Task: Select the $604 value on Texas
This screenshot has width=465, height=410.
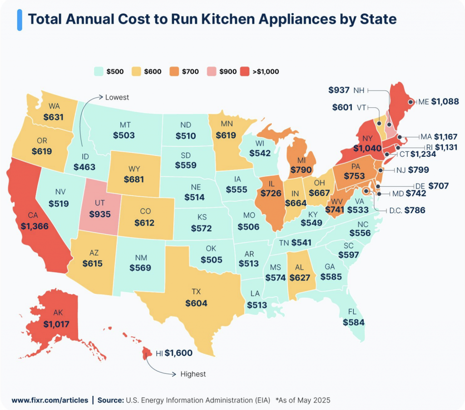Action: click(x=196, y=303)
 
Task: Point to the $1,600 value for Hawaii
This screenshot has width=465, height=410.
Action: click(x=178, y=353)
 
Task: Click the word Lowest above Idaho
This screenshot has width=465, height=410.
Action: click(x=117, y=97)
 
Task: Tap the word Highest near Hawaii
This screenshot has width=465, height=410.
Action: click(x=193, y=374)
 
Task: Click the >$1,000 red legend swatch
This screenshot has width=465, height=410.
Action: click(x=245, y=71)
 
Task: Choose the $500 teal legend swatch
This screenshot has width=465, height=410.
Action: click(x=98, y=71)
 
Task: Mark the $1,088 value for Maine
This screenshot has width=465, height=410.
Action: click(x=445, y=102)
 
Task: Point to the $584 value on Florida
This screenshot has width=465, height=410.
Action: click(x=354, y=322)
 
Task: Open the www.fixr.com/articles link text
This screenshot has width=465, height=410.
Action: click(x=49, y=400)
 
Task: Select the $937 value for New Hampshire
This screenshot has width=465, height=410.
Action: click(x=339, y=90)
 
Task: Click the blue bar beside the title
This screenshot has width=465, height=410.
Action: click(x=20, y=20)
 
